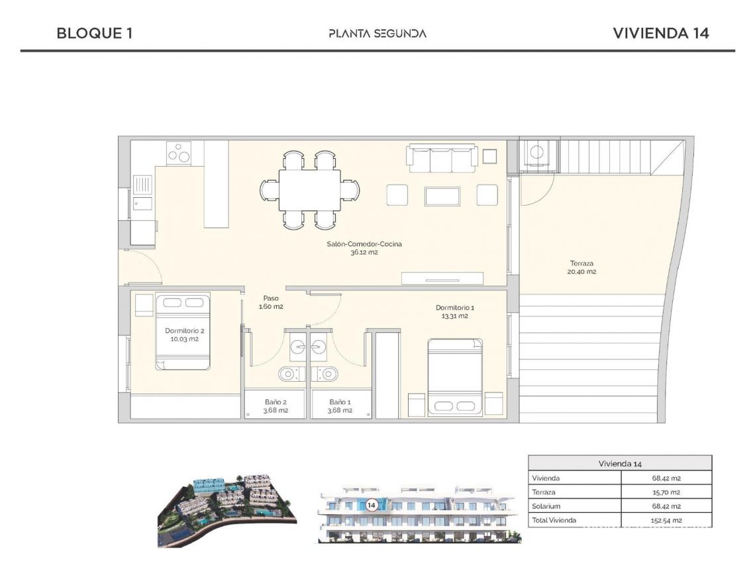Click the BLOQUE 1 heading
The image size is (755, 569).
(x=94, y=34)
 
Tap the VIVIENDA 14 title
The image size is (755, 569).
(x=661, y=34)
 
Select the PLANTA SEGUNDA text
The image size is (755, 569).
(x=377, y=34)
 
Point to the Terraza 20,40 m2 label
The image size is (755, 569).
(x=581, y=267)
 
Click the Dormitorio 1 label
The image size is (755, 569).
(x=454, y=312)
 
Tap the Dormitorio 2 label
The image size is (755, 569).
(x=183, y=334)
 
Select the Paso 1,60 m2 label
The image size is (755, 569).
(x=270, y=302)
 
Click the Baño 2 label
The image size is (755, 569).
(x=275, y=406)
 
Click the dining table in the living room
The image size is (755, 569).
(x=309, y=190)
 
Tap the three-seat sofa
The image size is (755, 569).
(x=441, y=156)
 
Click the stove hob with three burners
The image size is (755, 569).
(x=179, y=153)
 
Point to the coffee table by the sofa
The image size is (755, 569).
(x=442, y=196)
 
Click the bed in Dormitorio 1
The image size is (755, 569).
(x=454, y=376)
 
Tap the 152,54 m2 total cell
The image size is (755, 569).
(x=666, y=520)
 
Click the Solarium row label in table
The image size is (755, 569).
(x=545, y=506)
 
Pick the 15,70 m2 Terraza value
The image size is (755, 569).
(x=666, y=492)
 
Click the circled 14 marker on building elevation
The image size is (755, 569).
(x=372, y=505)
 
